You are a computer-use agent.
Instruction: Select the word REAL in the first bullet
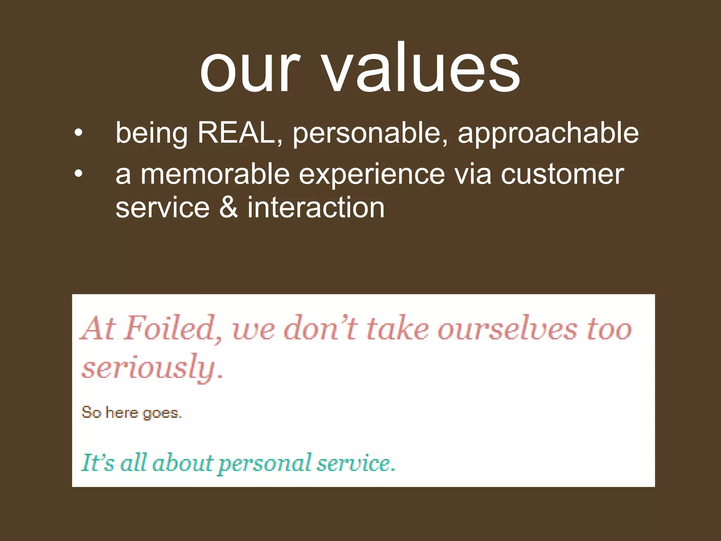[236, 133]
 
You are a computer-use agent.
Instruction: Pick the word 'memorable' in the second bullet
[215, 174]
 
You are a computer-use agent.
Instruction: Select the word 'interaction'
[316, 207]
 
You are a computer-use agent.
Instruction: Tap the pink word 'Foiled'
[173, 329]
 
